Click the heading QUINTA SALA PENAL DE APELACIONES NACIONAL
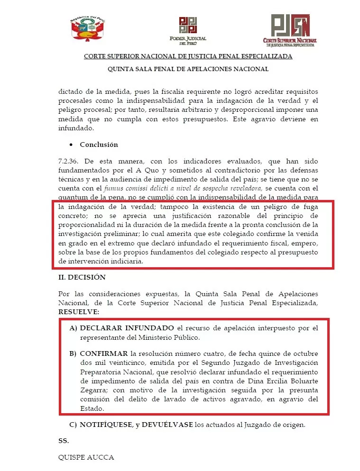click(188, 69)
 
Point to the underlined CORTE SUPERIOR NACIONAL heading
click(188, 56)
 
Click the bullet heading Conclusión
click(99, 145)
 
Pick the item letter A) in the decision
click(73, 328)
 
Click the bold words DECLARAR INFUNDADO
click(127, 328)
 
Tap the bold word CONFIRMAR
click(104, 354)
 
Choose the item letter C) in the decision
click(73, 425)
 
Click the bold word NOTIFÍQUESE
click(106, 425)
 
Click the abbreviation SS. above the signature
click(64, 441)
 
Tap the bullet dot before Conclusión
click(71, 145)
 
